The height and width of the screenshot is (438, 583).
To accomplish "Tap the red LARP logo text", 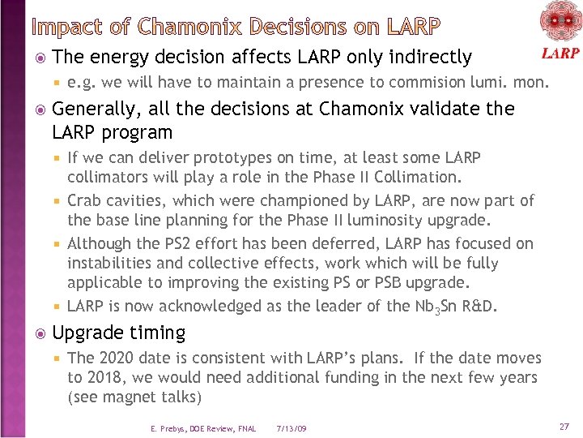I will [x=560, y=54].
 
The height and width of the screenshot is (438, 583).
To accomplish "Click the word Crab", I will [x=84, y=200].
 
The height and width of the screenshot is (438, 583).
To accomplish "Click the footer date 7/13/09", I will [x=291, y=428].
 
